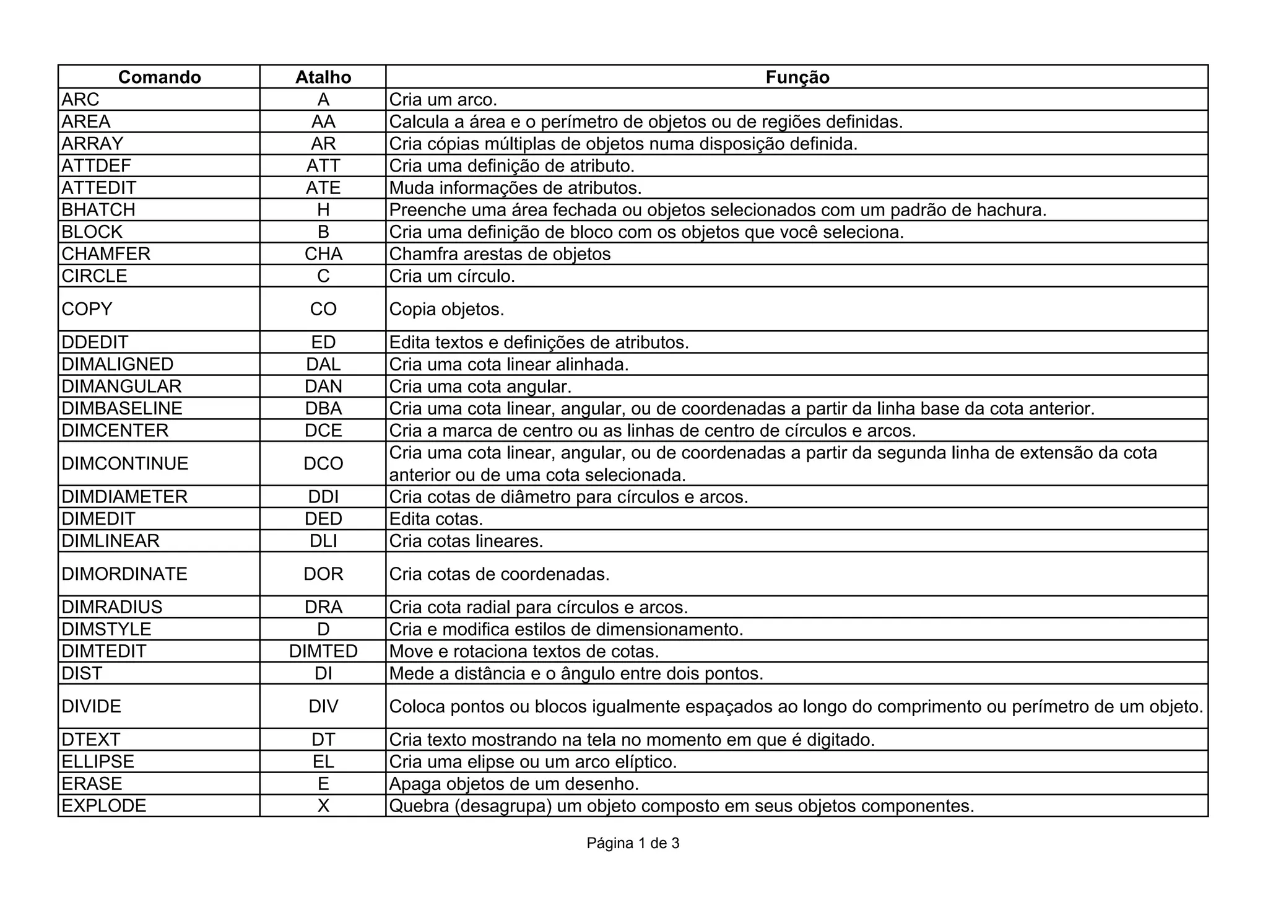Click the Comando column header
159,77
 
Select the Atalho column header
323,77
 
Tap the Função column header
797,77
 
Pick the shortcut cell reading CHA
323,254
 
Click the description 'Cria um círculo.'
452,276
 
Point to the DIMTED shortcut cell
323,651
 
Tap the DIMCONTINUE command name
125,463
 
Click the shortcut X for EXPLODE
323,806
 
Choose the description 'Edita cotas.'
436,519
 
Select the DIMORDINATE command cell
124,574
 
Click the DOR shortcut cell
323,574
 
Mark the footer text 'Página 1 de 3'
633,843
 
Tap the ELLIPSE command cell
98,761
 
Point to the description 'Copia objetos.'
446,309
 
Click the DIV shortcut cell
323,706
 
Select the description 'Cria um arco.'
443,100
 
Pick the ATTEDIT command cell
99,188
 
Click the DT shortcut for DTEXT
323,740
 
